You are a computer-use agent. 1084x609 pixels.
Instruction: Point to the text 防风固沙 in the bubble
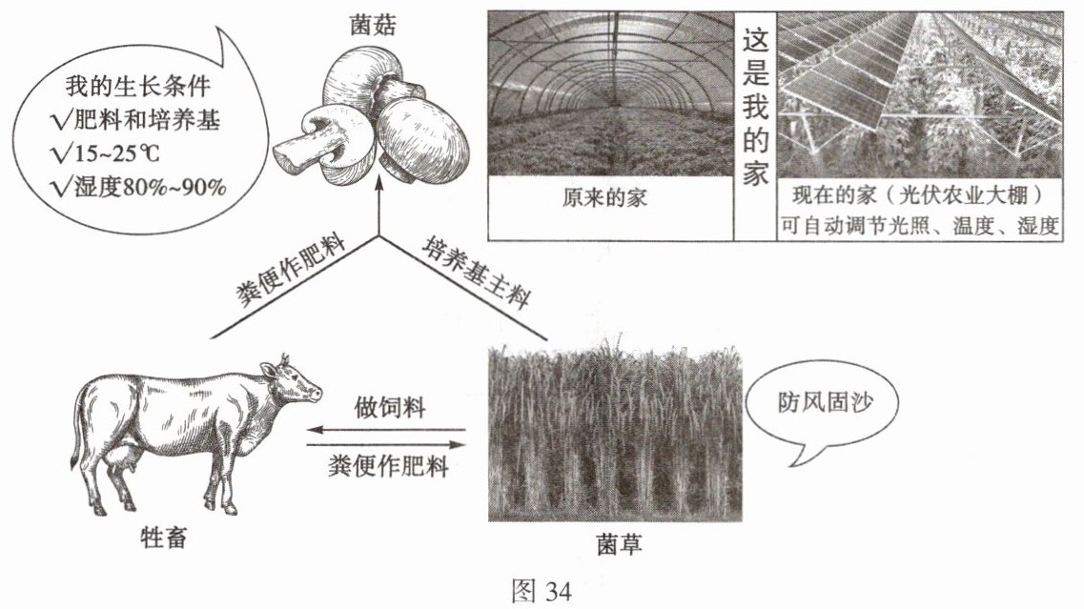click(823, 404)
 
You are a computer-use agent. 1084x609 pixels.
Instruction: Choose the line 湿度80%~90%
click(140, 184)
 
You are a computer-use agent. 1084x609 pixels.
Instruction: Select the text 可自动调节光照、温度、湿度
click(919, 227)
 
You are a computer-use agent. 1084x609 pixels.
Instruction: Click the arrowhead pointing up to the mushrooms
click(378, 185)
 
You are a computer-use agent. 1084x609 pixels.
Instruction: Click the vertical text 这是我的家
click(755, 105)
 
